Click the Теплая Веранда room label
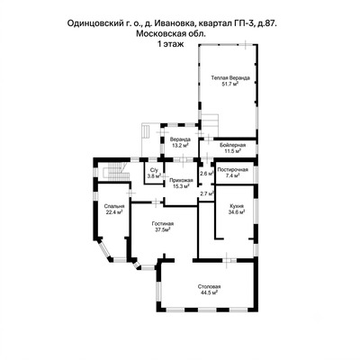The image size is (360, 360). coord(230,78)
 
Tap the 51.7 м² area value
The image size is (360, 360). coord(229,84)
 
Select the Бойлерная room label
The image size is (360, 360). coord(232,145)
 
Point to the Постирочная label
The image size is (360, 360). coord(232,170)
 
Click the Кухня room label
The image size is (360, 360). coord(237,206)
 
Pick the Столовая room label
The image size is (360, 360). coord(210,286)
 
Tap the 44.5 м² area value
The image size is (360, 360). coord(209,292)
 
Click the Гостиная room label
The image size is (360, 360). coord(163,223)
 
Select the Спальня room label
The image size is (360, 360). coord(114,206)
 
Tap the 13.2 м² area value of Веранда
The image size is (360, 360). coord(180,146)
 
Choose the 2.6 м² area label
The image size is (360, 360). coord(207,173)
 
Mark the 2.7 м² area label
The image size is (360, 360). coord(207,193)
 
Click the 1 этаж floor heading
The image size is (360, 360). coord(171,44)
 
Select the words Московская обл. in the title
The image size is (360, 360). coord(171,33)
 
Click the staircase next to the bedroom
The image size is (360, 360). coord(115,171)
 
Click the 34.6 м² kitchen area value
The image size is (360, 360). coord(237,212)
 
